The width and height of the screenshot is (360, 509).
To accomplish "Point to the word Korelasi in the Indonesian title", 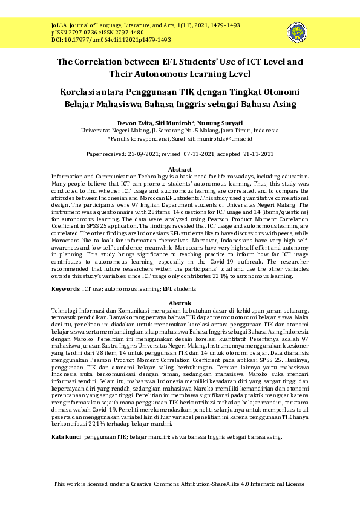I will (x=79, y=92).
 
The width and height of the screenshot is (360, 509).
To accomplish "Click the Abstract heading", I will (x=180, y=170).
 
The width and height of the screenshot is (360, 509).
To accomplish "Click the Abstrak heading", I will (x=180, y=302).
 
